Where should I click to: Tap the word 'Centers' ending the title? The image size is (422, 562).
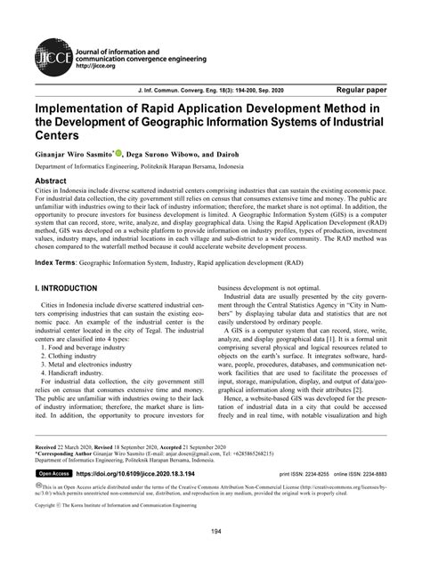click(x=63, y=136)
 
